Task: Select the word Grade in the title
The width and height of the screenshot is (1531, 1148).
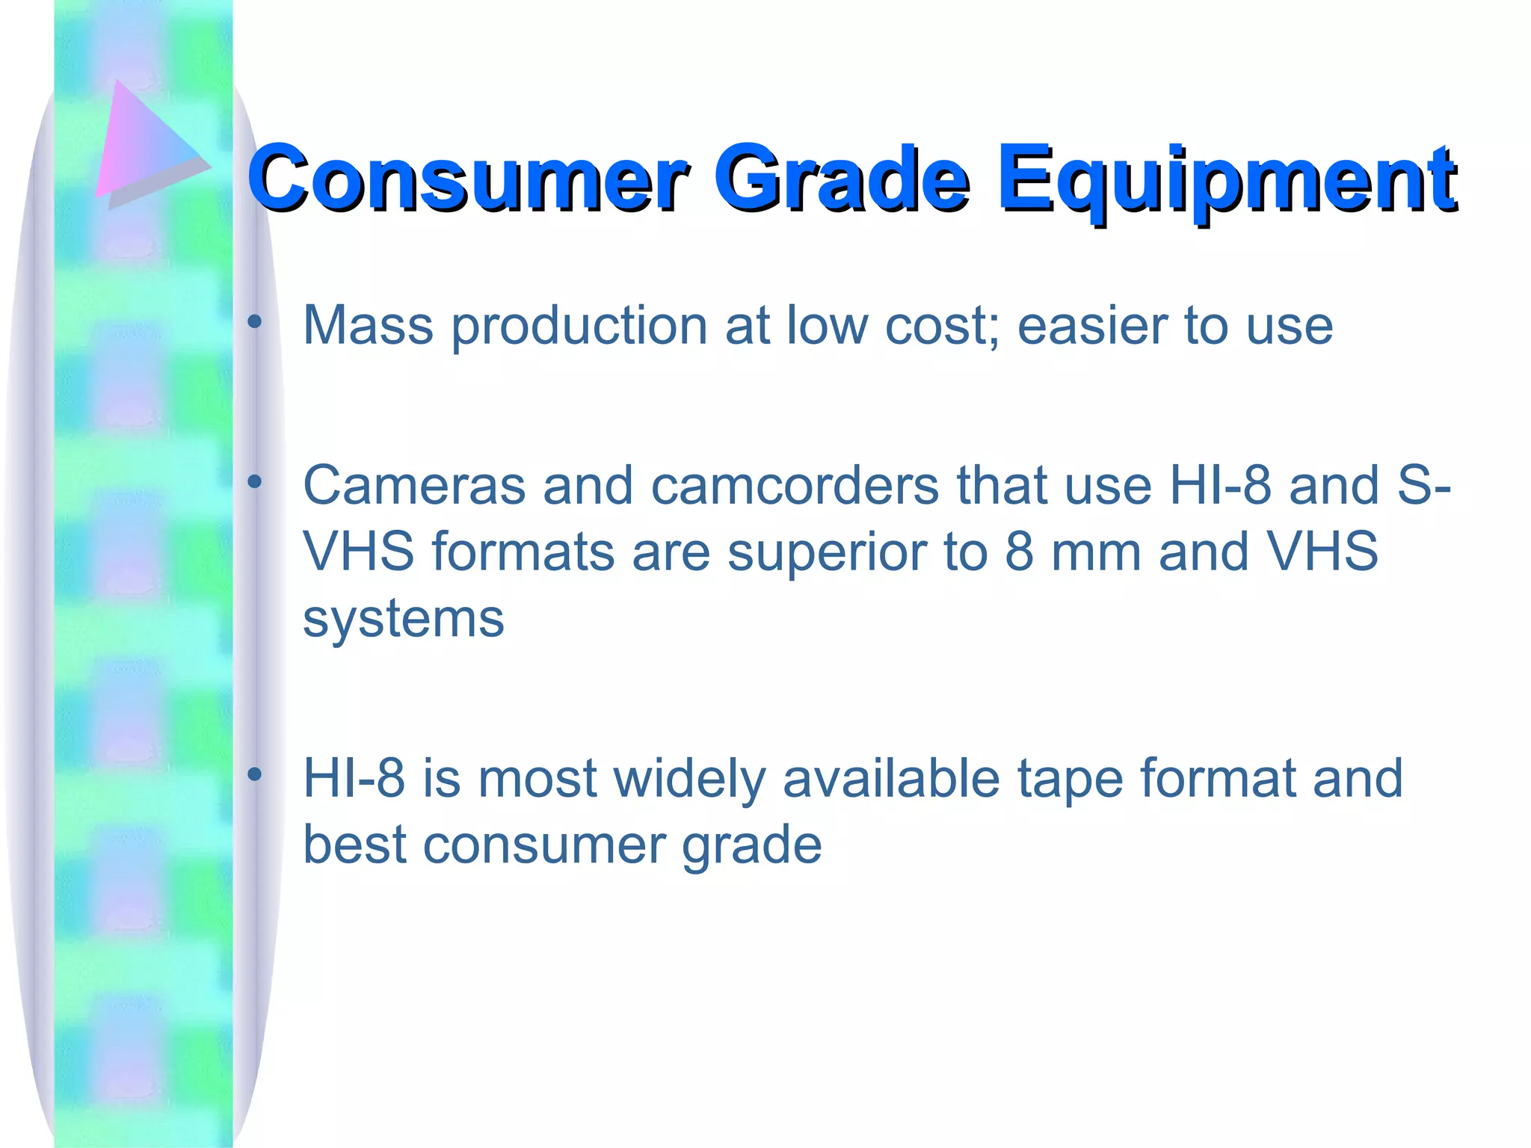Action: tap(840, 179)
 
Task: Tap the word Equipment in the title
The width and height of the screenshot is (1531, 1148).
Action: tap(1226, 179)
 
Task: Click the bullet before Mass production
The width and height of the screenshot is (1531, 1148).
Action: tap(255, 323)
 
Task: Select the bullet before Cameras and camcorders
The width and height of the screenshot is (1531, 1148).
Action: tap(255, 482)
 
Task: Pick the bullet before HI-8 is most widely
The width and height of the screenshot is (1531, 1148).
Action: tap(255, 775)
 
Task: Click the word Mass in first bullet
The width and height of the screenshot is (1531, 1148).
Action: tap(368, 326)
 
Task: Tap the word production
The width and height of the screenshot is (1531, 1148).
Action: tap(579, 327)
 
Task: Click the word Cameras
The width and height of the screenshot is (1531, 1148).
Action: tap(413, 486)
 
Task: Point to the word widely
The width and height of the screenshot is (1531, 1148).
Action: tap(689, 780)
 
